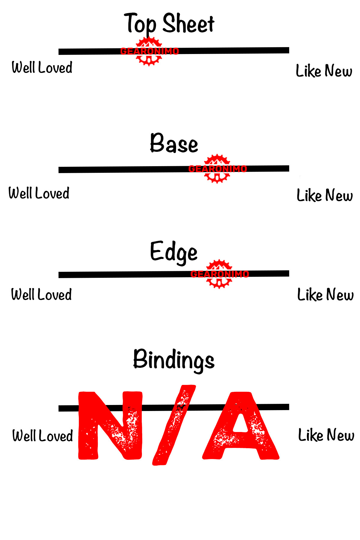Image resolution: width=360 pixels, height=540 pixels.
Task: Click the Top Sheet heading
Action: [x=169, y=23]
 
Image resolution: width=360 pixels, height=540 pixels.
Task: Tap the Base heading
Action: [x=174, y=143]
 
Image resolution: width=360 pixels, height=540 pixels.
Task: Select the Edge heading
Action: [x=174, y=252]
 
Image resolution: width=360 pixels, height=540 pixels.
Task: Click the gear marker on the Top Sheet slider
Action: [x=149, y=51]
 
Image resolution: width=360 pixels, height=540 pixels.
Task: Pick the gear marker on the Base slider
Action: [x=217, y=169]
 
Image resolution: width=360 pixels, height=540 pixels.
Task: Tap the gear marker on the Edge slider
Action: [x=219, y=274]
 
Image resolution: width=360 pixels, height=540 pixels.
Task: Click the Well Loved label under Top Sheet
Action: [x=42, y=67]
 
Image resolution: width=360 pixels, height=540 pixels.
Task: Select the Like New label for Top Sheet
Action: [x=324, y=71]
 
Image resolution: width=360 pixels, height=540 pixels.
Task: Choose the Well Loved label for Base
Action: [x=39, y=193]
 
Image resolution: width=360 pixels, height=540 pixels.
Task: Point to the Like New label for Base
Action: [x=325, y=195]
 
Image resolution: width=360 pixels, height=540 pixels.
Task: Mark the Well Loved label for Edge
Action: [x=41, y=295]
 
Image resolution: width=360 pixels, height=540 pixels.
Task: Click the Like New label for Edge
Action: [x=325, y=295]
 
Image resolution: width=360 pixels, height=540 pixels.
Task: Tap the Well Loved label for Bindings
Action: [x=43, y=436]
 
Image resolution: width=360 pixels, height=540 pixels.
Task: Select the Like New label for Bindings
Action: [x=326, y=435]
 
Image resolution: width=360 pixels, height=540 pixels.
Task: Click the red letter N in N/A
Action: [x=110, y=425]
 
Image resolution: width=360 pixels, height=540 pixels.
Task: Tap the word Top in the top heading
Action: [x=140, y=23]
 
